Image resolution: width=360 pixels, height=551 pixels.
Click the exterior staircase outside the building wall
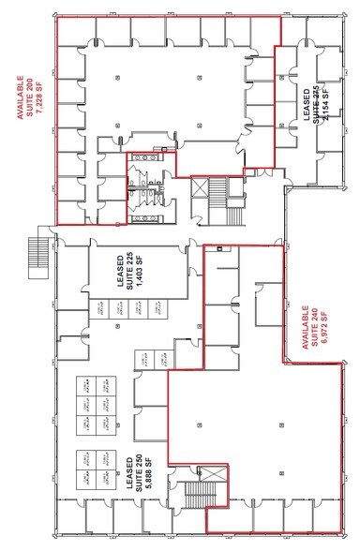coord(38,250)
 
